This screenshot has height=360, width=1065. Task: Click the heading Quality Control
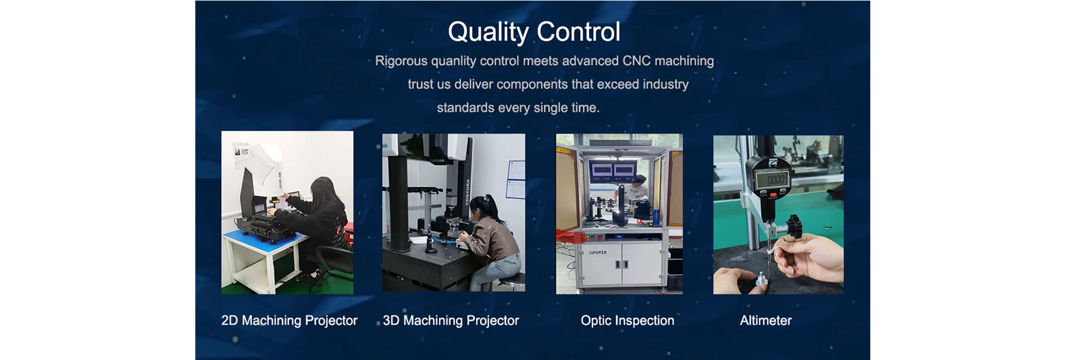[534, 32]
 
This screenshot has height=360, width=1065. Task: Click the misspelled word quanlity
[453, 61]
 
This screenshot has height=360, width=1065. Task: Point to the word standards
[465, 108]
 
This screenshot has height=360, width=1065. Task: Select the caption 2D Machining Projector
[289, 321]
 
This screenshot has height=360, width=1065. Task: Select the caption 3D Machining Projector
[451, 321]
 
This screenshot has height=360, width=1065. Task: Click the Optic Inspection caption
[627, 321]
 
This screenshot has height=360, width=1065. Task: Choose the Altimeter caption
[765, 320]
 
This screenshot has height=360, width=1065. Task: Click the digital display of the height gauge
[776, 179]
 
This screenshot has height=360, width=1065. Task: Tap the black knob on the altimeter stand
[794, 227]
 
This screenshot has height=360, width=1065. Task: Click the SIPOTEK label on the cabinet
[597, 252]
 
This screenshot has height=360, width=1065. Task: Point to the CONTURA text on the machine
[468, 191]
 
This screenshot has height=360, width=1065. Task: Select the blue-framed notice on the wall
[515, 179]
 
